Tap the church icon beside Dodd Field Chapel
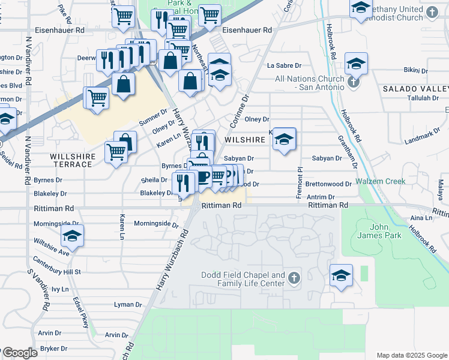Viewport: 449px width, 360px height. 293,278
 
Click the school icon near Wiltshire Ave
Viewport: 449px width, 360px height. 72,236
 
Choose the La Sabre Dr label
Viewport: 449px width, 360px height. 284,65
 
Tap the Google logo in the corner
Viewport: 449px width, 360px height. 19,353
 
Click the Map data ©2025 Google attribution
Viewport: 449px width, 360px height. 411,355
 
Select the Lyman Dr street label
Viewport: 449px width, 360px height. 128,304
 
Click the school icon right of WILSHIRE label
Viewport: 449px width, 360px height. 285,140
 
